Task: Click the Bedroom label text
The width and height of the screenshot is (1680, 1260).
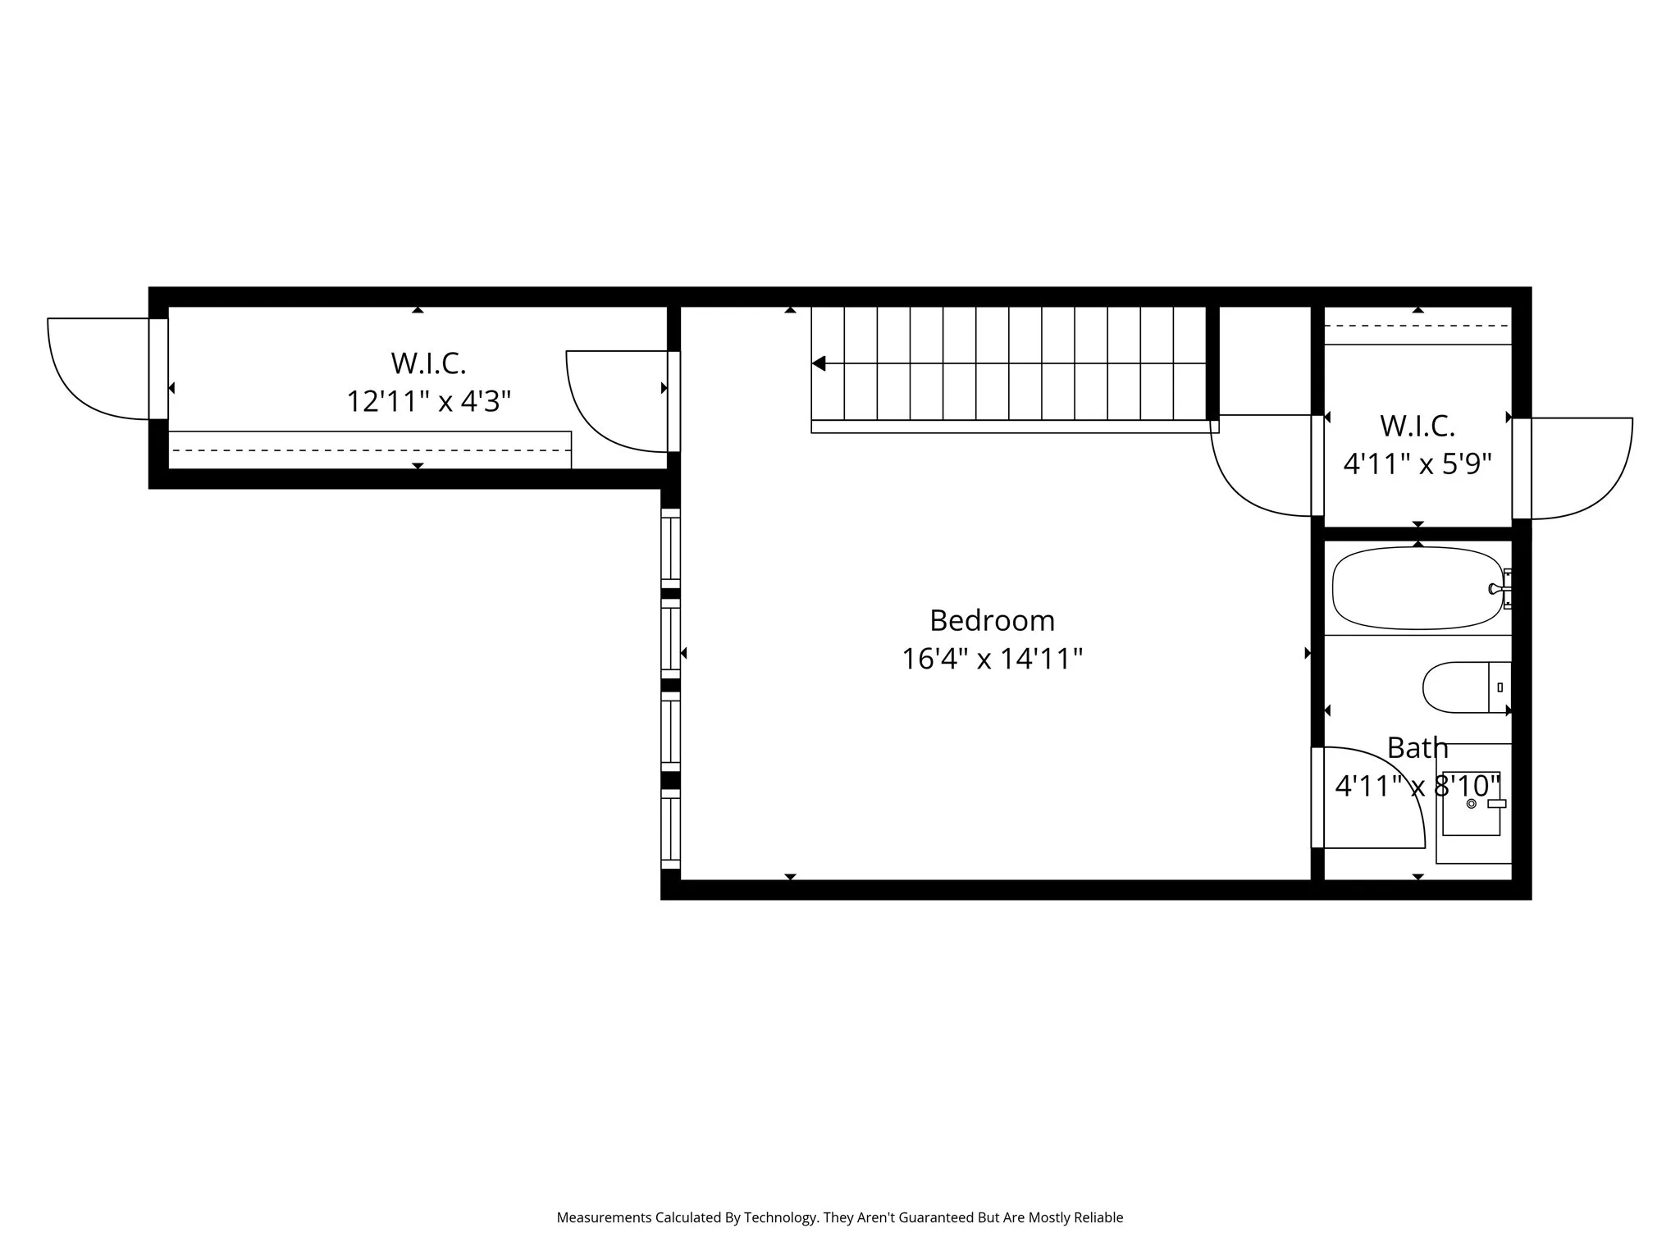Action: click(x=992, y=620)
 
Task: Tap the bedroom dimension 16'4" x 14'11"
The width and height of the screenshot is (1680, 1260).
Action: click(x=992, y=659)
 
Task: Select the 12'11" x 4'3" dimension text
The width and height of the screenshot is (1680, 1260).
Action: click(x=428, y=402)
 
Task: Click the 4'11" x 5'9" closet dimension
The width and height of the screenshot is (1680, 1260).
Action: click(x=1417, y=464)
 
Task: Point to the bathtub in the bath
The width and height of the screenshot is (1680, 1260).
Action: click(x=1417, y=588)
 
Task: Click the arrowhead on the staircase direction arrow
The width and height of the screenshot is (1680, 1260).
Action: click(x=819, y=363)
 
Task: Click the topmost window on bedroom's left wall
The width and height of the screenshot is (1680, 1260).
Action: click(x=670, y=548)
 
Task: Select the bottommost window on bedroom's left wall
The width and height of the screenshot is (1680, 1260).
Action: click(x=670, y=828)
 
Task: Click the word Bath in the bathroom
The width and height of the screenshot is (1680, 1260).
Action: click(x=1417, y=748)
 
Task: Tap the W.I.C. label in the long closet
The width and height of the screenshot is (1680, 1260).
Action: click(x=428, y=363)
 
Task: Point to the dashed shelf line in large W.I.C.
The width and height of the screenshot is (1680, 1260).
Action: click(x=369, y=450)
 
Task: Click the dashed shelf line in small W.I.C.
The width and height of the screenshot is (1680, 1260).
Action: click(x=1417, y=326)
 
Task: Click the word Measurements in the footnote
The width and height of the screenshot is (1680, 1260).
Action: click(x=603, y=1217)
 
